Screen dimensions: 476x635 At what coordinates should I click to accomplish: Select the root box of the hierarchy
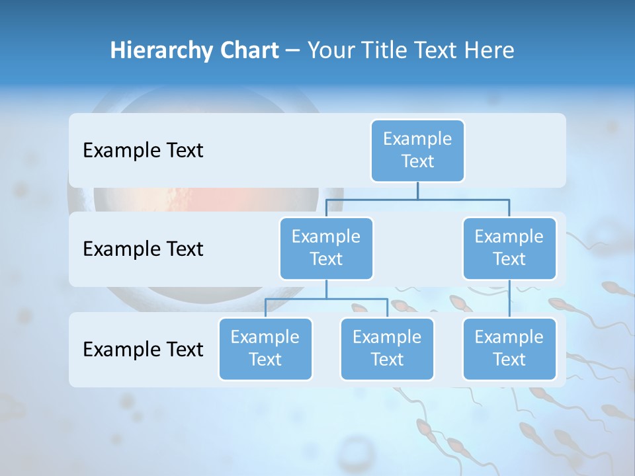click(417, 151)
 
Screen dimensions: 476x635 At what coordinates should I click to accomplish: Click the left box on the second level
click(326, 249)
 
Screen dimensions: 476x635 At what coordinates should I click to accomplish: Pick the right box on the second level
click(509, 249)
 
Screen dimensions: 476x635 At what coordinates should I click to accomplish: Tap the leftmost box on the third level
click(265, 349)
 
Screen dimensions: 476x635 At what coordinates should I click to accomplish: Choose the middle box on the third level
click(387, 349)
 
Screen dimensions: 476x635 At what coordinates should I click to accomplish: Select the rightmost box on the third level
click(509, 349)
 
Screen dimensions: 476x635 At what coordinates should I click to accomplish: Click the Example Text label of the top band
click(143, 151)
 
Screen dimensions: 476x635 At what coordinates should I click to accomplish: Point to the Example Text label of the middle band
click(143, 249)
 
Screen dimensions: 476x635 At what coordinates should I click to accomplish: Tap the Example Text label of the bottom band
click(143, 350)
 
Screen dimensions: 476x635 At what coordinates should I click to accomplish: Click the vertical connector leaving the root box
click(417, 190)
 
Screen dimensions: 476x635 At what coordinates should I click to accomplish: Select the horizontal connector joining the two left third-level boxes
click(326, 299)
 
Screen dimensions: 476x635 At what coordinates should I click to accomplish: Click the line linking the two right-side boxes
click(509, 299)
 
